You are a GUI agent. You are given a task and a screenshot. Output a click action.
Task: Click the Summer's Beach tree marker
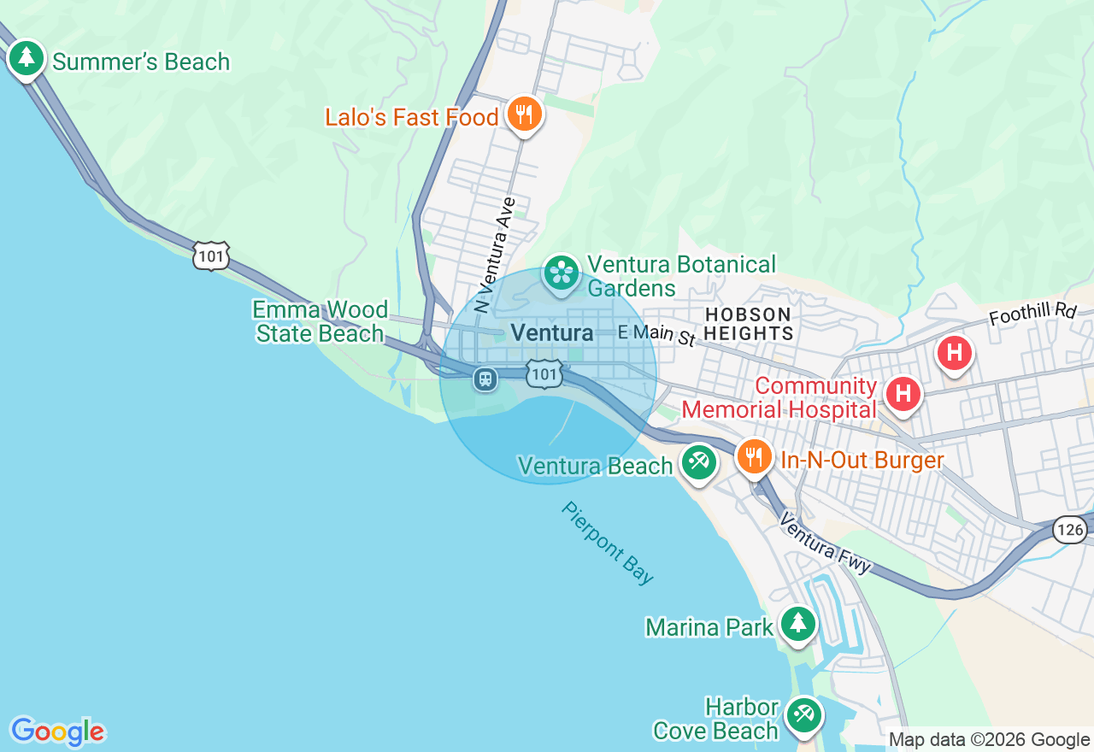point(26,58)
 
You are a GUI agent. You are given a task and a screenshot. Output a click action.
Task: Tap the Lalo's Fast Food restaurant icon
point(523,114)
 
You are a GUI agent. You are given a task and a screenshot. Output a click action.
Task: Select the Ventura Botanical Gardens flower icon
point(562,273)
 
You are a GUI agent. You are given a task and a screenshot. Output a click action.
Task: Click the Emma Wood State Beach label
point(320,321)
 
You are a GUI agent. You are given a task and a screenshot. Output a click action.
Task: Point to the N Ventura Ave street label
point(495,255)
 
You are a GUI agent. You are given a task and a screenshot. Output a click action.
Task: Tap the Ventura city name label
point(551,332)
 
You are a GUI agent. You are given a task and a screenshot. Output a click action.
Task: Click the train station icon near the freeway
point(485,379)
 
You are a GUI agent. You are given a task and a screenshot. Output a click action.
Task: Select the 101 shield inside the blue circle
point(544,373)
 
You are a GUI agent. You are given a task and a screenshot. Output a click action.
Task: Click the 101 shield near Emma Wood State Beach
point(211,256)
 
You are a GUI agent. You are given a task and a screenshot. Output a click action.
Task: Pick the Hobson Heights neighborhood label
point(750,324)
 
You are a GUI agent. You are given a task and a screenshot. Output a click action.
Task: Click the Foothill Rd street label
point(1032,314)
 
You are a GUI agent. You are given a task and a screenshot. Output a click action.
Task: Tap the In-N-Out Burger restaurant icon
point(754,457)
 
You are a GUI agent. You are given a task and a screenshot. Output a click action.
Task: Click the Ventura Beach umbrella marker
point(698,462)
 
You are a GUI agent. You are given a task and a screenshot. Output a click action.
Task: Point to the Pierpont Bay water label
point(608,543)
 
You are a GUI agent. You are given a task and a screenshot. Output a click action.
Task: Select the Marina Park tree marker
point(798,623)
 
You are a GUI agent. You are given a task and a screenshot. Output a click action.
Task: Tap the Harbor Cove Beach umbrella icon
point(803,714)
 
